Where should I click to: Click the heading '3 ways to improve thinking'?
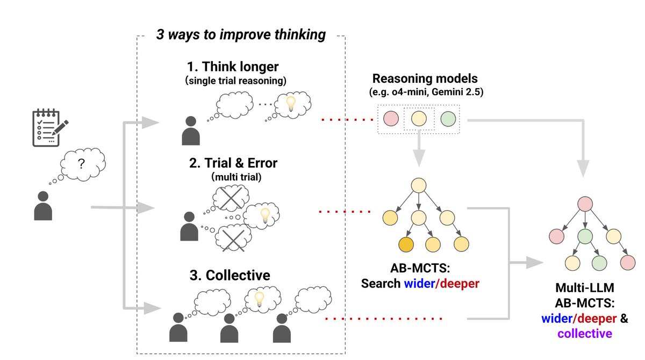coord(241,35)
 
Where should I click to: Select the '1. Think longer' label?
coord(233,67)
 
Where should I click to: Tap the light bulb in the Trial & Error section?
coord(264,215)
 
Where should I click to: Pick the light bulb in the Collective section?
coord(260,297)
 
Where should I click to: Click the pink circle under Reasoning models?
coord(391,119)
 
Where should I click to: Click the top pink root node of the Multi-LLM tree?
coord(585,204)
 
